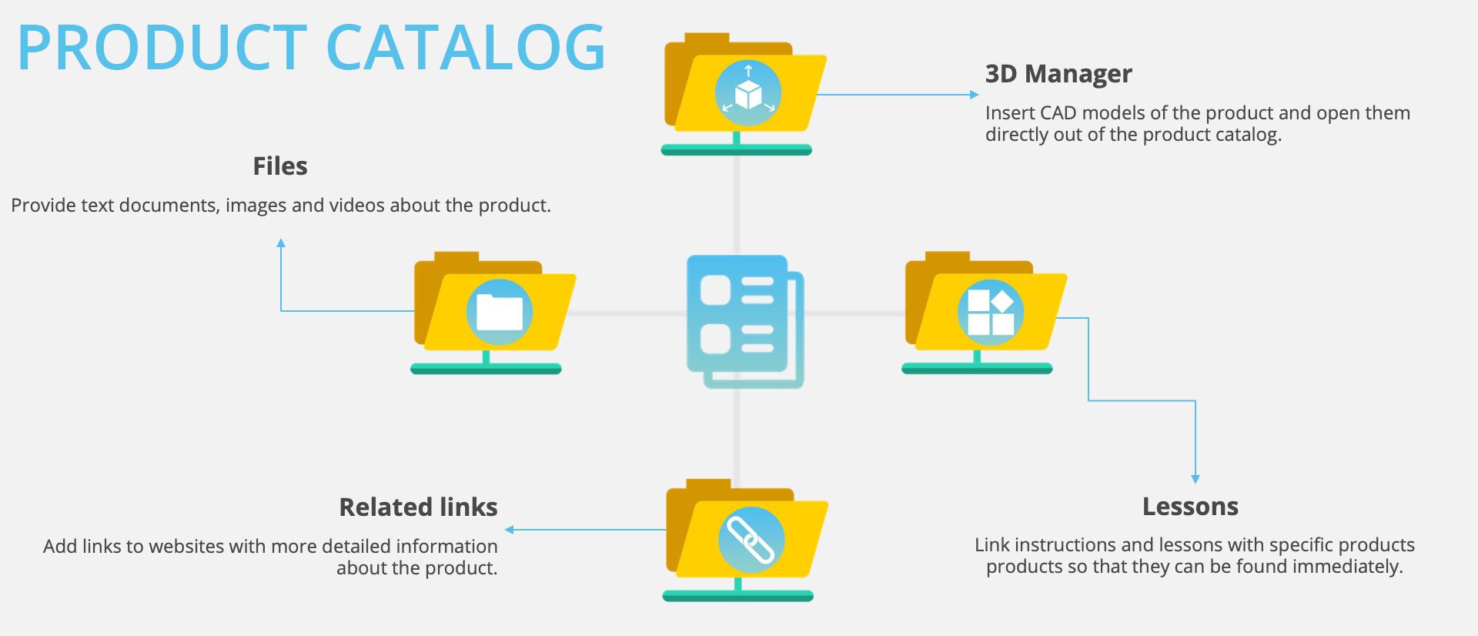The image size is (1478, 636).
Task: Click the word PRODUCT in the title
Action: (x=162, y=48)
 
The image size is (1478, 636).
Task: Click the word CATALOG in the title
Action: (x=466, y=48)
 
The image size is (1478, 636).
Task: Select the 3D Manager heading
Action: (x=1058, y=74)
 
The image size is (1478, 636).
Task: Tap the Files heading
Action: (x=280, y=166)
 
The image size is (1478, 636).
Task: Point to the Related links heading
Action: (x=419, y=507)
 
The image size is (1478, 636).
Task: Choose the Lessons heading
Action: (x=1190, y=507)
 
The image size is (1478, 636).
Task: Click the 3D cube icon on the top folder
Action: (x=748, y=93)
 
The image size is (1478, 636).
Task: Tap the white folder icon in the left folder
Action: (x=500, y=312)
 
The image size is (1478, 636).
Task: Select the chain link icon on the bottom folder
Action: (x=751, y=540)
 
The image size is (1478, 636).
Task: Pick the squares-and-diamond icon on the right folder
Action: (x=991, y=312)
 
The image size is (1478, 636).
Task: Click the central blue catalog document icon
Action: (x=745, y=321)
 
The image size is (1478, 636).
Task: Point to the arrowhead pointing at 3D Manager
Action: (x=975, y=95)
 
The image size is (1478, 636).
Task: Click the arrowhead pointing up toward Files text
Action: (x=281, y=243)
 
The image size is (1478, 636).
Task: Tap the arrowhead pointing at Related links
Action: (x=509, y=530)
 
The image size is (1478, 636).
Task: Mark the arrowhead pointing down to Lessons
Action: (x=1195, y=479)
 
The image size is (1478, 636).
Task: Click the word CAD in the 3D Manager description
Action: (x=1058, y=113)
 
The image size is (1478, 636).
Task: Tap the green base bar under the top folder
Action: (x=737, y=150)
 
